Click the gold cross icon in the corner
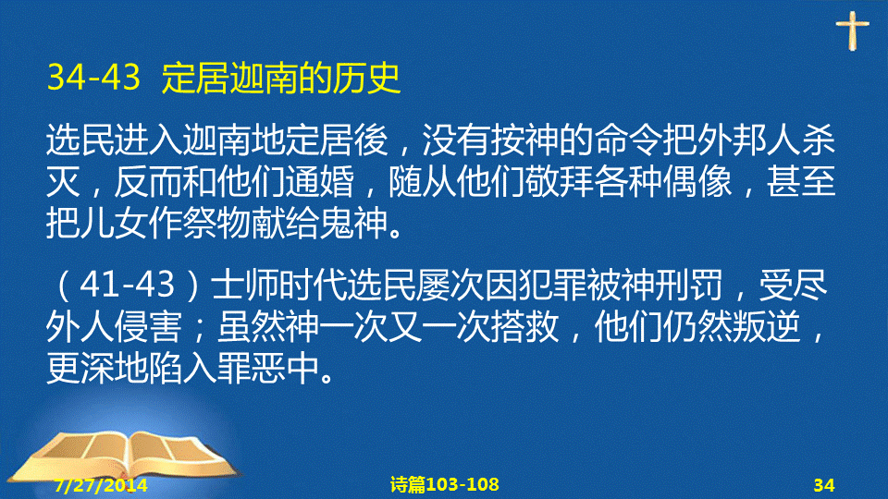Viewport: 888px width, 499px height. tap(852, 30)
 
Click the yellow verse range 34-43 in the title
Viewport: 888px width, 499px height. tap(93, 77)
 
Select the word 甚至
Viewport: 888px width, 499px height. tap(801, 182)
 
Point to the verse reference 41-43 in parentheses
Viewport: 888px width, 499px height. tap(127, 284)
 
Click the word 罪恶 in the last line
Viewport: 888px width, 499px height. tap(252, 369)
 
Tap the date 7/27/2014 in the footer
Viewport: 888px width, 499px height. tap(101, 485)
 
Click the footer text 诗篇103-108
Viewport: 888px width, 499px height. tap(445, 484)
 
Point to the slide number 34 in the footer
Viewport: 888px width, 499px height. tap(824, 485)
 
